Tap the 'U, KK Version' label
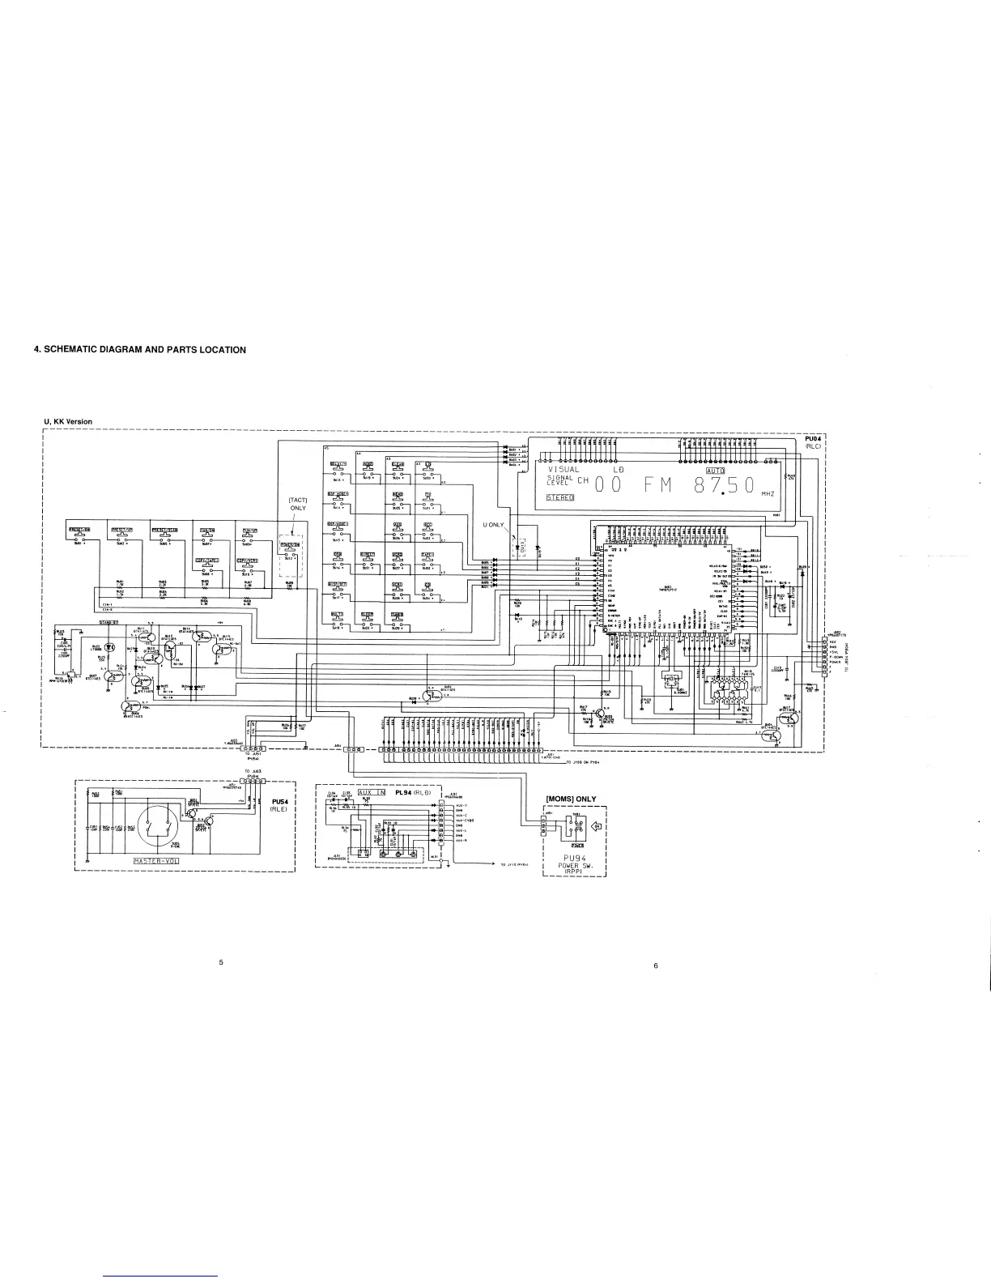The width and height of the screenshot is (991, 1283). (x=68, y=421)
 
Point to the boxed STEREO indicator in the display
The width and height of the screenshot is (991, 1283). (x=559, y=497)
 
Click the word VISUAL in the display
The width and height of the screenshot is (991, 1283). (x=564, y=470)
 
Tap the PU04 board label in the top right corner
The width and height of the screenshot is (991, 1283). (x=813, y=438)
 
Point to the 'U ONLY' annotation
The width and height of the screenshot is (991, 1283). (x=493, y=525)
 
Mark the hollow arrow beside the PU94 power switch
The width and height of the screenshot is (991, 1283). (x=596, y=827)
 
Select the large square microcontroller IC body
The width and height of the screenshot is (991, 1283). (x=668, y=591)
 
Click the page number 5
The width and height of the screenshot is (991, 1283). (x=220, y=962)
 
